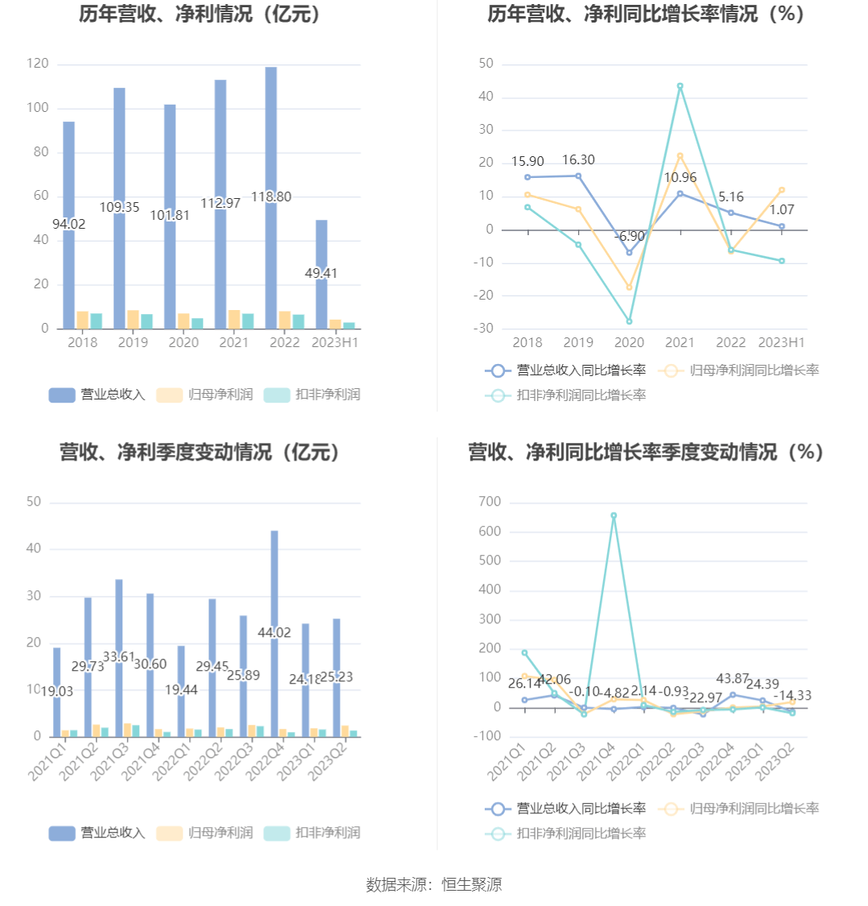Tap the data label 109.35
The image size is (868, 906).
click(x=120, y=208)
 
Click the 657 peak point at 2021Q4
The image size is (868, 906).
click(x=614, y=515)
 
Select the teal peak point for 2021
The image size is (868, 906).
click(x=680, y=86)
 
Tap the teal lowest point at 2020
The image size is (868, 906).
click(x=630, y=321)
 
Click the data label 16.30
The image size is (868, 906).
click(x=578, y=160)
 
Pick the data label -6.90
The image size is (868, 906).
click(x=629, y=236)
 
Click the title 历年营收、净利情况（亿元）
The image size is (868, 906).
click(x=200, y=14)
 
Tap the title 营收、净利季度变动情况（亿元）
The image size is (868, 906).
click(x=200, y=453)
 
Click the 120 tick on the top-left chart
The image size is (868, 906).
click(x=38, y=64)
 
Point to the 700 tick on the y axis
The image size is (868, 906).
click(x=490, y=502)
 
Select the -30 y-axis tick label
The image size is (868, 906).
click(x=486, y=328)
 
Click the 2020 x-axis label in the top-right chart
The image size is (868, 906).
click(x=629, y=342)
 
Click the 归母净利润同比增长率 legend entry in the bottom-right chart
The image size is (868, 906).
click(x=739, y=809)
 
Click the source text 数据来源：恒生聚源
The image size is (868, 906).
click(x=434, y=884)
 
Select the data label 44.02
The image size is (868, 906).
click(x=274, y=633)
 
